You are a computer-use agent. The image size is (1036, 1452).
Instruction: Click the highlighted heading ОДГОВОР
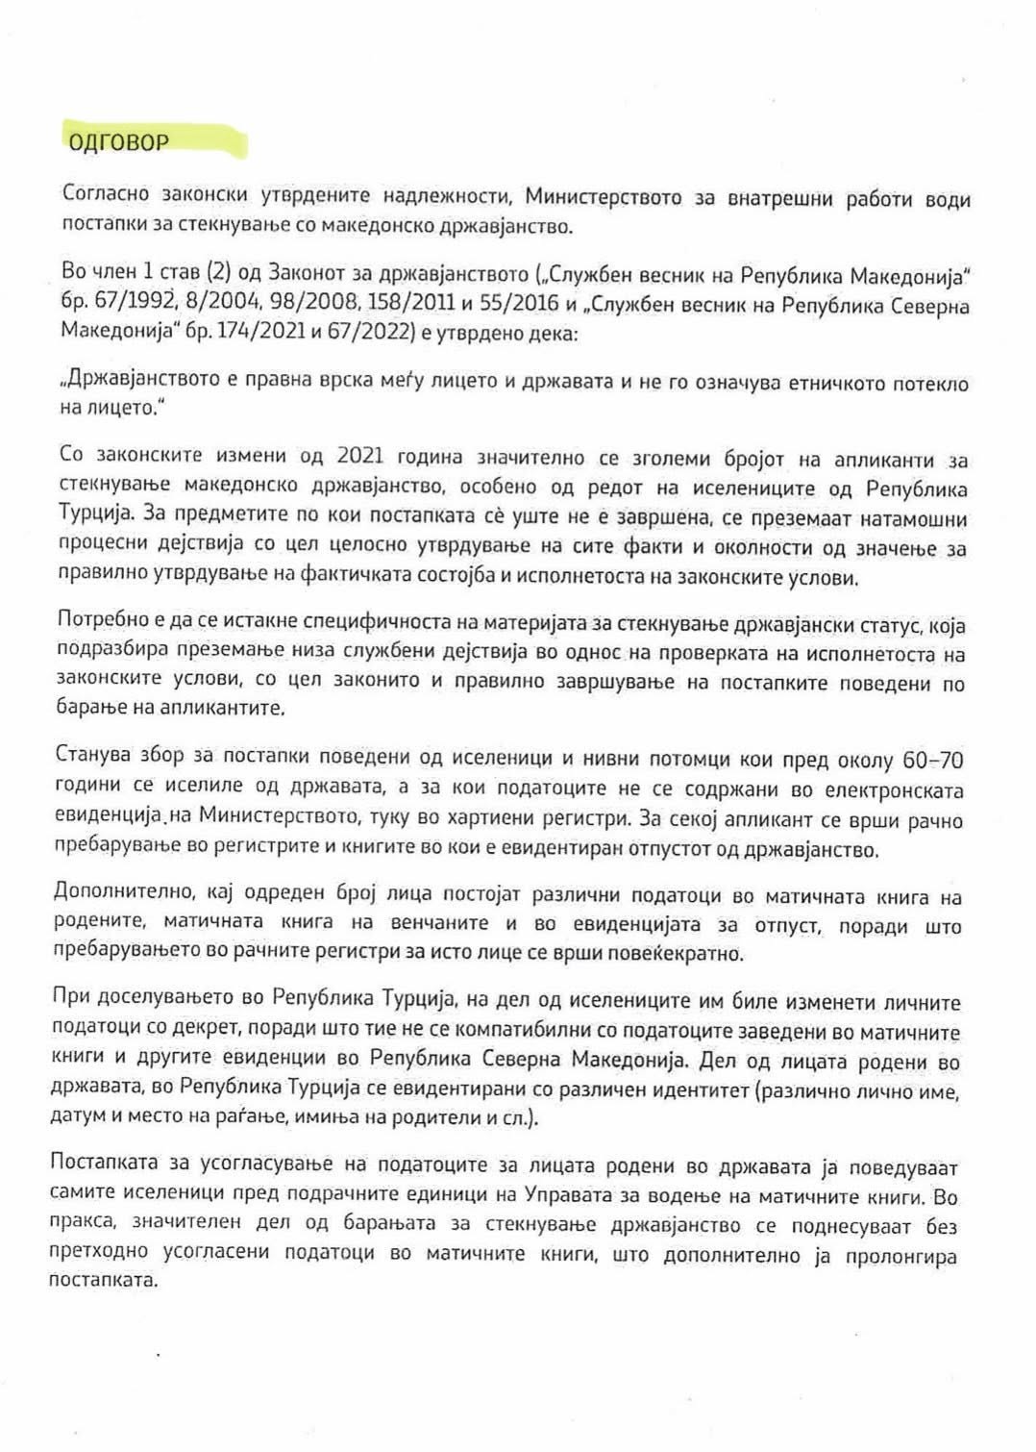[117, 142]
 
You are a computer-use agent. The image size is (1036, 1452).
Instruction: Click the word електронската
[892, 789]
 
